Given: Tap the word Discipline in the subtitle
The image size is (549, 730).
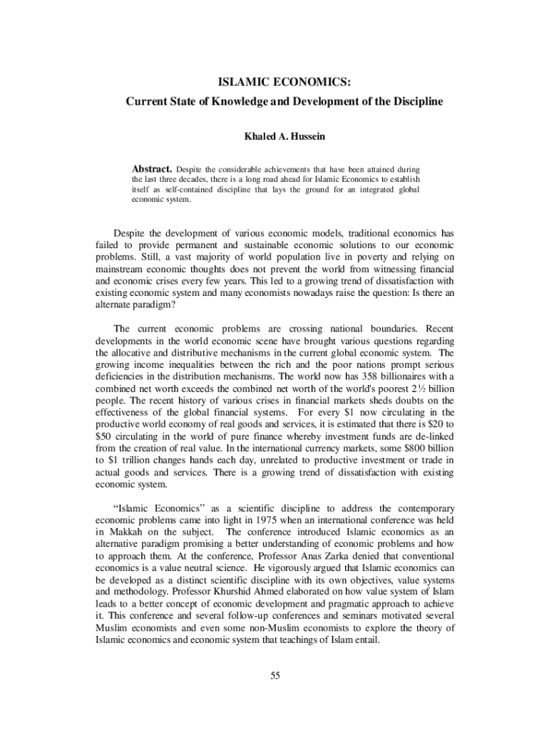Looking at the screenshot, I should click(x=416, y=101).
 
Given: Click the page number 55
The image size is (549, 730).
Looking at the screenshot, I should click(x=274, y=677).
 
